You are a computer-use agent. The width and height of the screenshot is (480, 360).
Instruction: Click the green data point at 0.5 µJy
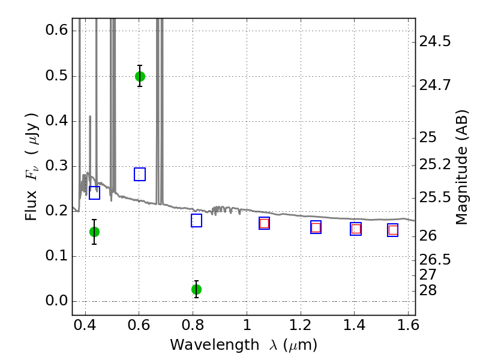coord(140,76)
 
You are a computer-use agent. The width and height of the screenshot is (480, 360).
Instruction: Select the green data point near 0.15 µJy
coord(94,232)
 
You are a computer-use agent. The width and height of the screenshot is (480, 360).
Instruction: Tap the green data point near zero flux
coord(196,289)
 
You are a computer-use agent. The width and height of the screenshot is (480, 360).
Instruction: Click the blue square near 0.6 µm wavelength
coord(140,174)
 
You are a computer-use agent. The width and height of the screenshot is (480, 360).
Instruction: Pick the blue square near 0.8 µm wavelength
coord(196,220)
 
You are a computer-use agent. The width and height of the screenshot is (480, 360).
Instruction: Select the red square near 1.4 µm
coord(356,229)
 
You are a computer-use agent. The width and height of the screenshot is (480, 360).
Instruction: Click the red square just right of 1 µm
coord(264,223)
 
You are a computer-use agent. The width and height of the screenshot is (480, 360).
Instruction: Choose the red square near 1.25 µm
coord(316,227)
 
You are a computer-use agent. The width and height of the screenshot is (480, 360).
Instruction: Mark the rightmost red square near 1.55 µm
coord(393,230)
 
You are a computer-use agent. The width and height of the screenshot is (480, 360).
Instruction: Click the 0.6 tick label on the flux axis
coord(56,30)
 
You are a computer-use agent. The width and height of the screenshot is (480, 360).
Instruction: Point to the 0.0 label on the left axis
coord(56,301)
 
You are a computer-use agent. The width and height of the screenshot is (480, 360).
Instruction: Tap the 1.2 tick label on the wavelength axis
coord(301,325)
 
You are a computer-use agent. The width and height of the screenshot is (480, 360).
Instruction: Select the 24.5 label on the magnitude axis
coord(435,41)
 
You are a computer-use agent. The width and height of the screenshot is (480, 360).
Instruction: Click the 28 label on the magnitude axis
coord(428,290)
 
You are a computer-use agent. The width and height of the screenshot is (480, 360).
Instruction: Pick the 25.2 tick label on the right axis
coord(435,164)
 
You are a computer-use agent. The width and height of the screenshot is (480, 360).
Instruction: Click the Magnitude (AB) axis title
coord(462,167)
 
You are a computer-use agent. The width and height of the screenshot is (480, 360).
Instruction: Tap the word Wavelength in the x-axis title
coord(215,345)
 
